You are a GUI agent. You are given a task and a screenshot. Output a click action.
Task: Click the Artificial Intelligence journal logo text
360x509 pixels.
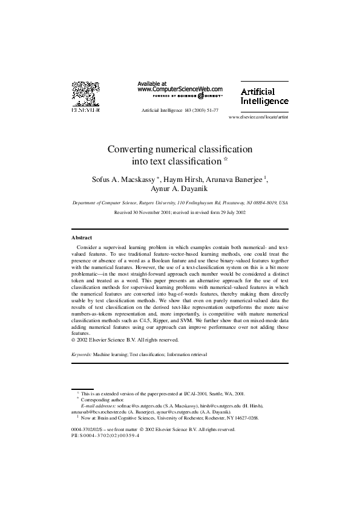[265, 96]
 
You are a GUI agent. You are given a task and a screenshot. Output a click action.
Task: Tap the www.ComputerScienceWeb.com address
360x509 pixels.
[180, 89]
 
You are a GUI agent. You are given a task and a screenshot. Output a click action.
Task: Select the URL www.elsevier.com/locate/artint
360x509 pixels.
[258, 117]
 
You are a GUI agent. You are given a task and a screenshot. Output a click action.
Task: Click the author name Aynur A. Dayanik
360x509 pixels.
[180, 189]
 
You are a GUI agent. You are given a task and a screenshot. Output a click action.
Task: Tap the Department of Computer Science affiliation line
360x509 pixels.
[180, 204]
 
